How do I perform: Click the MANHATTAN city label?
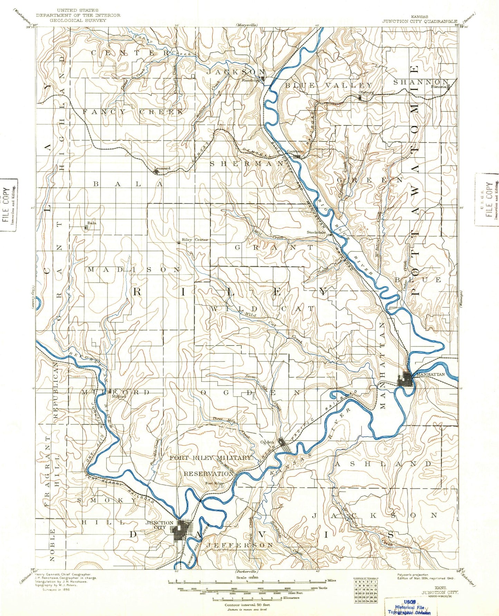click(x=431, y=374)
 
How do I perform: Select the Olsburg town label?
click(x=366, y=92)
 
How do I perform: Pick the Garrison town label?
click(x=295, y=151)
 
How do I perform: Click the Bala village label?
click(x=92, y=223)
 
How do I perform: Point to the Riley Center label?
click(x=195, y=239)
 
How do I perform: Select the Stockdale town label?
click(x=316, y=232)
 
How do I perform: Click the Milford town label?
click(x=118, y=397)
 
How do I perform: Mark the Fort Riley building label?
click(x=214, y=483)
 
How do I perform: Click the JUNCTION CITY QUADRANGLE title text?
click(x=419, y=21)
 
